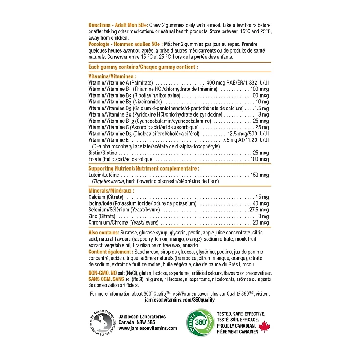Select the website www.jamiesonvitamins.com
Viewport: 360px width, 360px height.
142,328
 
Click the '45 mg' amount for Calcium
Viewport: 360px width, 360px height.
262,197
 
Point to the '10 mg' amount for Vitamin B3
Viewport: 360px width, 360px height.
262,102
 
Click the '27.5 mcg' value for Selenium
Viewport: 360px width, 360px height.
259,210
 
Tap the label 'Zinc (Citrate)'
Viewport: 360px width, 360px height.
102,216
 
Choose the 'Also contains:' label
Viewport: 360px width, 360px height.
104,232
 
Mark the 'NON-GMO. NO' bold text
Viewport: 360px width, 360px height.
104,273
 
